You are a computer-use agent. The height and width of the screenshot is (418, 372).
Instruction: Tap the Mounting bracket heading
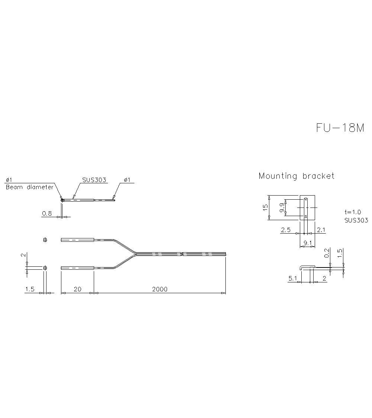(x=296, y=176)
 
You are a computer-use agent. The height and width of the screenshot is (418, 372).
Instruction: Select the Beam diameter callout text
(x=29, y=187)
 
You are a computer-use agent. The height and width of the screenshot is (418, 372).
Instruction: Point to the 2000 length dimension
(x=160, y=289)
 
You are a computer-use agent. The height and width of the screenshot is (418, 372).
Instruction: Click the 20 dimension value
(x=77, y=289)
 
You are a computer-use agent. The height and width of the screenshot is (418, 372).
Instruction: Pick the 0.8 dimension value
(x=47, y=213)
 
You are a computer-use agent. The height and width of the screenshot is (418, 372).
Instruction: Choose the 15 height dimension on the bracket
(x=265, y=208)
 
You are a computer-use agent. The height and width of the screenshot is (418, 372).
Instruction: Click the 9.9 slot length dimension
(x=283, y=208)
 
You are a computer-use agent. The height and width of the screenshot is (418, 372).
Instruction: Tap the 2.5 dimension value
(x=286, y=230)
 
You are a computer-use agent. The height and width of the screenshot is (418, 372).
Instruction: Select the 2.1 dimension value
(x=321, y=230)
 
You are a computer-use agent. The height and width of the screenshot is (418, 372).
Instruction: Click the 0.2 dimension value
(x=327, y=253)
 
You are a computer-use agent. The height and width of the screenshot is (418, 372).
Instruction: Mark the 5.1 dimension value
(x=293, y=278)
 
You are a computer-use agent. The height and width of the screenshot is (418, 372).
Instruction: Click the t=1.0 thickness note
(x=353, y=212)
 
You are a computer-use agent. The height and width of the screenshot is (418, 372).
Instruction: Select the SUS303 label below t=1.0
(x=356, y=220)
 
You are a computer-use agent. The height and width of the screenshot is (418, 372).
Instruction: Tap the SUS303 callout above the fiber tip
(x=94, y=180)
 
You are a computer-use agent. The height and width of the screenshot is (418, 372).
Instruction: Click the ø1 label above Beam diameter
(x=9, y=180)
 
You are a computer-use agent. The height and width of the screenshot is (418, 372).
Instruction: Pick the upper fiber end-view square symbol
(x=45, y=240)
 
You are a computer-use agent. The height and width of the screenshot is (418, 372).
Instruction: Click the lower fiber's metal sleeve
(x=77, y=267)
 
